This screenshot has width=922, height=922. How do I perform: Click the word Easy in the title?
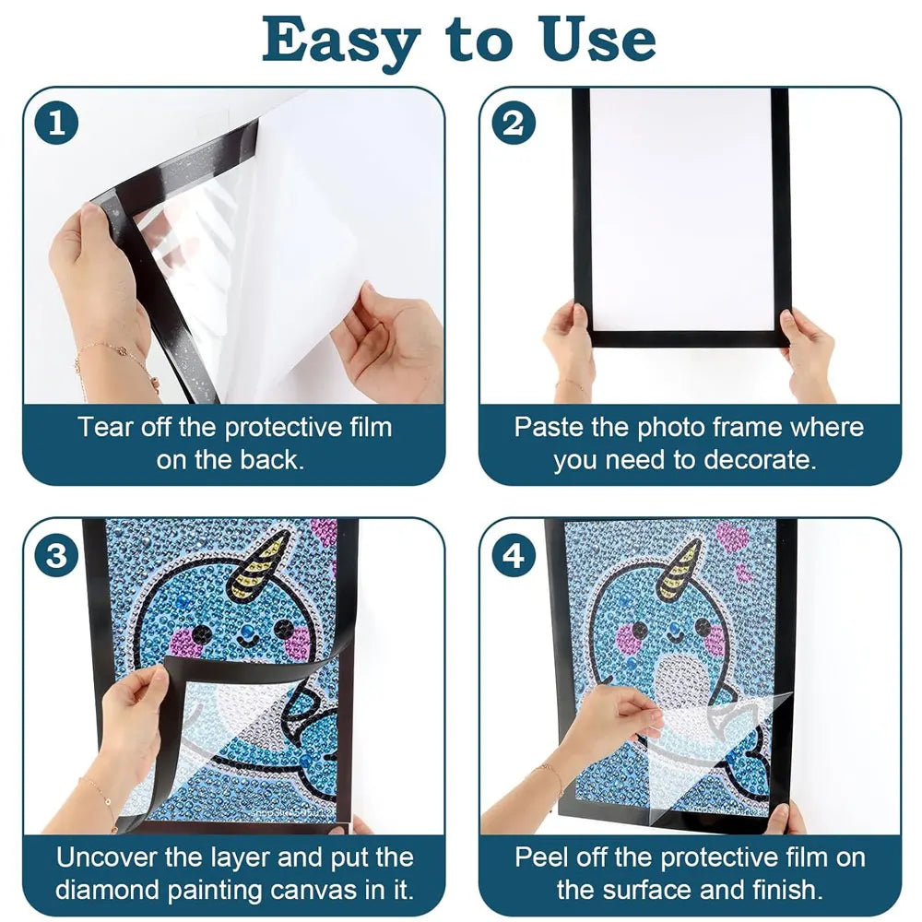click(337, 40)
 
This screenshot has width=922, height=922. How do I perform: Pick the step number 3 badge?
click(57, 556)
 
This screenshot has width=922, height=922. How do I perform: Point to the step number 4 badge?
click(513, 556)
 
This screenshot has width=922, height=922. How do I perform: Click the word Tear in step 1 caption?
click(100, 428)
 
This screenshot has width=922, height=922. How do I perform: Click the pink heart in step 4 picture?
click(731, 538)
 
